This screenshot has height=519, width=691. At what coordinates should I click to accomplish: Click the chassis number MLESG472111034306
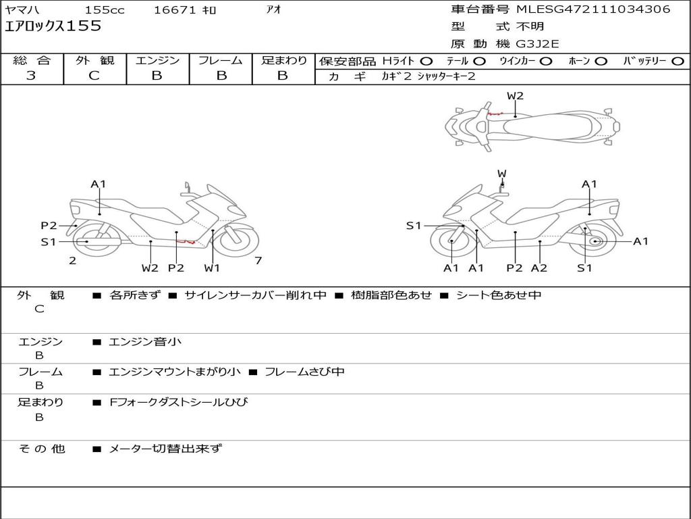point(593,9)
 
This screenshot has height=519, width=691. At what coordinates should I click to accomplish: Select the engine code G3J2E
point(538,45)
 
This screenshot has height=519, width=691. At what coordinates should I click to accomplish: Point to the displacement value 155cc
point(105,10)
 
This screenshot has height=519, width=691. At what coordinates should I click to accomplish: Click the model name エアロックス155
point(53,26)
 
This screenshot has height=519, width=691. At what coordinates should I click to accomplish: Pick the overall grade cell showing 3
point(31,76)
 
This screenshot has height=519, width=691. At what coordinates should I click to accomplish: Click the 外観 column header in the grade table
point(94,61)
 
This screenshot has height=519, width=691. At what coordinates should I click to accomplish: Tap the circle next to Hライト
point(426,61)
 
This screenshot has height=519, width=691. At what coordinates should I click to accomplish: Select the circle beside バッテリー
point(678,61)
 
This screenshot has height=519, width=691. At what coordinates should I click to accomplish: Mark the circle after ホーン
point(601,61)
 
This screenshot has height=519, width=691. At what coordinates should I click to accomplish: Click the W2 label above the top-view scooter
point(515,96)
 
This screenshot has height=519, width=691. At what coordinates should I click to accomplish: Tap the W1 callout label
point(213,268)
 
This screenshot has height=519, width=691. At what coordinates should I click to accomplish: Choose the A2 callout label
point(538,268)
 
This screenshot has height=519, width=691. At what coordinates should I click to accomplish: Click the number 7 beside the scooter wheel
point(258,261)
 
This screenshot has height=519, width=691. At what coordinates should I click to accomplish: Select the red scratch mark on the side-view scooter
point(185,241)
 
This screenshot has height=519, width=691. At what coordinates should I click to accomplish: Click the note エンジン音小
point(145,342)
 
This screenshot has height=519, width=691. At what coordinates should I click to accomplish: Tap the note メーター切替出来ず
point(165,448)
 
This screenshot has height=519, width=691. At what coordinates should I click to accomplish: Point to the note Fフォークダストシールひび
point(179,402)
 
